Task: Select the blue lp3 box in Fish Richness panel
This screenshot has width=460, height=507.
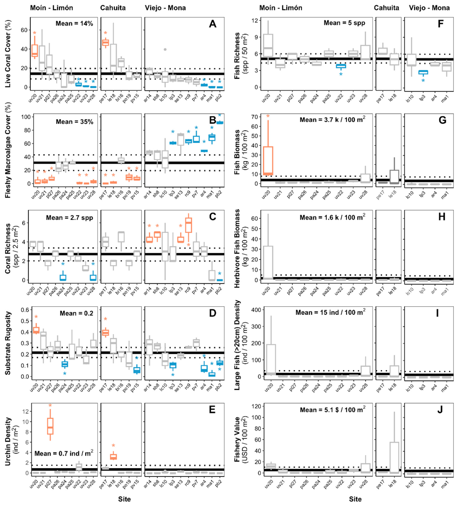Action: tap(423, 72)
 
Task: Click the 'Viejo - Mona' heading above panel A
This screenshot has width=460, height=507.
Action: tap(165, 8)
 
